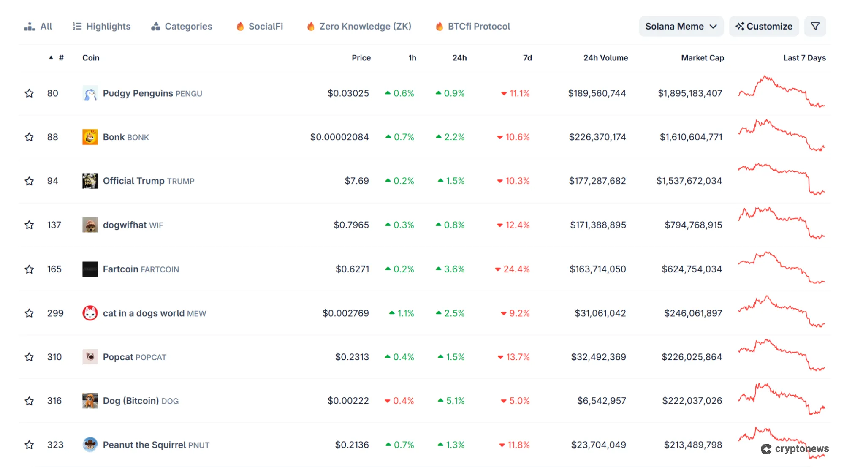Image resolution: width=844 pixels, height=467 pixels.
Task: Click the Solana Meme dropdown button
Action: (681, 27)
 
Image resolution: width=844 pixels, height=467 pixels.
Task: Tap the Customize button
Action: (764, 27)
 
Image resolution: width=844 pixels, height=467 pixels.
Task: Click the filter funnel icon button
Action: (815, 27)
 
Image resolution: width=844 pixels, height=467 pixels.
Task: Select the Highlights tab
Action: (102, 27)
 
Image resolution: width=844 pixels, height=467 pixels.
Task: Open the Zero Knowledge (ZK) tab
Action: (359, 27)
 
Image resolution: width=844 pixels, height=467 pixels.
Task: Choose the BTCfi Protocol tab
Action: (473, 27)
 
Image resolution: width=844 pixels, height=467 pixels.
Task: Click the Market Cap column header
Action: (702, 58)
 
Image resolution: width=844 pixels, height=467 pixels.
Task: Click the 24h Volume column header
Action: (605, 58)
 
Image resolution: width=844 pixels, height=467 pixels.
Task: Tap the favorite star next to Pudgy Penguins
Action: (29, 93)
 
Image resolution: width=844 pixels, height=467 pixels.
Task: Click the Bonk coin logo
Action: (90, 137)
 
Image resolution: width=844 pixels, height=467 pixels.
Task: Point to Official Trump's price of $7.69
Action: (356, 181)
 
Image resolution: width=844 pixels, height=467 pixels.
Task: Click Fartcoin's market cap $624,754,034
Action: (692, 269)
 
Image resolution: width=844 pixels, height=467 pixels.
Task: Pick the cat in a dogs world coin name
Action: (144, 313)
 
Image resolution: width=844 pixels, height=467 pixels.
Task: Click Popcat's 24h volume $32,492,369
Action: (598, 357)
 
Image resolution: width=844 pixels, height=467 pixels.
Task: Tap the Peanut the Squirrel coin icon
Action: (90, 445)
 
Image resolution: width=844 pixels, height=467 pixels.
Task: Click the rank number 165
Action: (54, 269)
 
